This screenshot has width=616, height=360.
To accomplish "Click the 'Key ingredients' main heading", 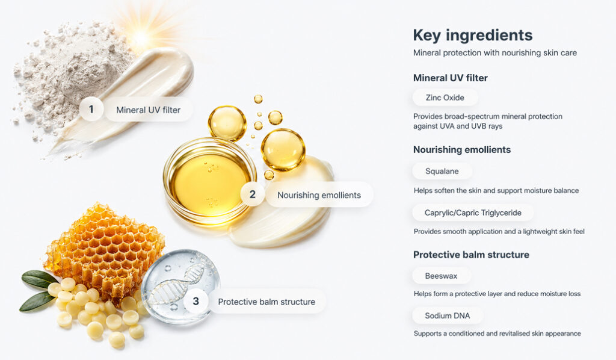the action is coord(473,36).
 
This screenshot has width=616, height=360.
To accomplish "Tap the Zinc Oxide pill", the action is coord(445,98).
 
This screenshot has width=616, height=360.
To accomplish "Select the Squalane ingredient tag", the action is coord(442,171).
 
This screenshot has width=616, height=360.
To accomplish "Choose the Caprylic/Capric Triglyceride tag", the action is coord(473,213).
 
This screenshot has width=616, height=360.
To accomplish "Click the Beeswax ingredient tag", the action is coord(441,276).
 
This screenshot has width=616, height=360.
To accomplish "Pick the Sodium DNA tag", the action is coord(448,315).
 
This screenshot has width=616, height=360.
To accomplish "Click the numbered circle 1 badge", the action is coord(91,109).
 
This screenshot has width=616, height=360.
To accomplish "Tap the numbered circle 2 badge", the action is coord(253,194).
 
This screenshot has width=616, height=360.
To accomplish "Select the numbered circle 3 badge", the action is coord(196,301).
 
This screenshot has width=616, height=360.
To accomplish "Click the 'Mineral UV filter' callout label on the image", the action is coord(149,110).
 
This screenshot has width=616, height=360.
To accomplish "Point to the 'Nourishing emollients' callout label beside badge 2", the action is coord(319,195).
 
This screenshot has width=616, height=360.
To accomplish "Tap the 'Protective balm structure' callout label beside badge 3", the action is coord(266,302).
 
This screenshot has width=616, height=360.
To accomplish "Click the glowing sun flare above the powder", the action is coord(141,37).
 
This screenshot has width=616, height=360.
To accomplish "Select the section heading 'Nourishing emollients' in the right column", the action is coord(462,150).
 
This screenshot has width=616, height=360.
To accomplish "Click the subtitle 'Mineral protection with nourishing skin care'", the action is coord(495,52).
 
